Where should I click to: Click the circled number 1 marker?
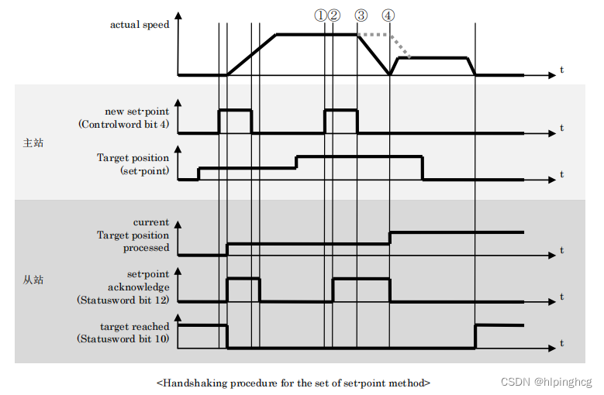click(x=321, y=15)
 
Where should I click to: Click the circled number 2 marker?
click(x=333, y=15)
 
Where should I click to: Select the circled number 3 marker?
click(x=361, y=15)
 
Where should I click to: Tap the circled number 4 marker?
click(x=388, y=15)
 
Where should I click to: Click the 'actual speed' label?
click(x=139, y=25)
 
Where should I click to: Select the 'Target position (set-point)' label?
click(x=133, y=164)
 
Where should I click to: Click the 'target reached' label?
click(x=134, y=327)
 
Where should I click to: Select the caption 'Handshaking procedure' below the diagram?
click(x=293, y=382)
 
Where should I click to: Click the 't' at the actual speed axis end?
click(x=561, y=70)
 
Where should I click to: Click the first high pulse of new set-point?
click(x=235, y=111)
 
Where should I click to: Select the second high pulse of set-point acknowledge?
click(x=361, y=277)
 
